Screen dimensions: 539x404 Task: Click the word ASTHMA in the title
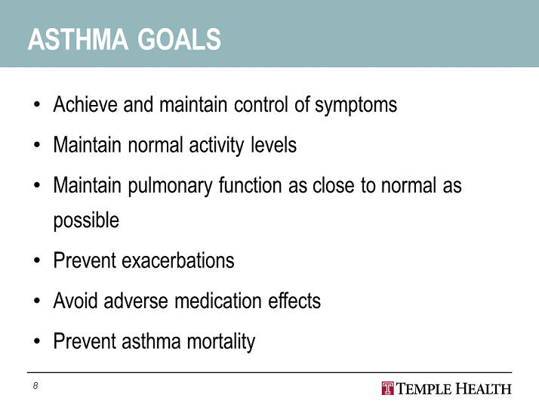(78, 39)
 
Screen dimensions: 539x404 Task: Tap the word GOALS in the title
(179, 39)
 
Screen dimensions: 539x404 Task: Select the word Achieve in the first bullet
(85, 104)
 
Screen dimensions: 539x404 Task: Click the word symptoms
(356, 105)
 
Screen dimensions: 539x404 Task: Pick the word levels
(273, 144)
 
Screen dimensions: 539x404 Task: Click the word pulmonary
(170, 186)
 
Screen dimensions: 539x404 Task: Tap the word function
(251, 185)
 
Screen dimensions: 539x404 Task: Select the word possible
(86, 221)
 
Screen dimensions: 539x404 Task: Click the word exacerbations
(178, 261)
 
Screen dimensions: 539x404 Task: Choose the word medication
(218, 301)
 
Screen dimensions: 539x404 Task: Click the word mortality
(221, 342)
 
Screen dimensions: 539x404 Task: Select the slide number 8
(35, 385)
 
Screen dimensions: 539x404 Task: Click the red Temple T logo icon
(388, 389)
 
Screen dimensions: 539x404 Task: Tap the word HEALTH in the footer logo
(483, 389)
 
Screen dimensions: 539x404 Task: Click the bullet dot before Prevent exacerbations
(37, 261)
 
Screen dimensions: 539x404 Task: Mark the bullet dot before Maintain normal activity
(37, 145)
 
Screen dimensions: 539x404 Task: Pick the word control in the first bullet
(261, 104)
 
